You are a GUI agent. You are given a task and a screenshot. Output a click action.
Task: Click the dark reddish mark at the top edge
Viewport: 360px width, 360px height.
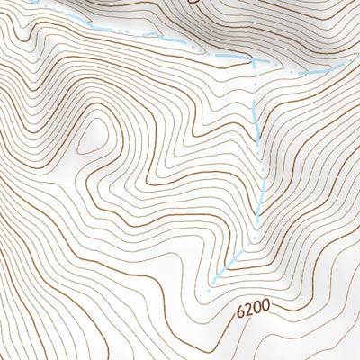(193, 3)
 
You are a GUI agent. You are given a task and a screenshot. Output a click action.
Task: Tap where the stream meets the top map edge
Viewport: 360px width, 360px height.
(31, 2)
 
